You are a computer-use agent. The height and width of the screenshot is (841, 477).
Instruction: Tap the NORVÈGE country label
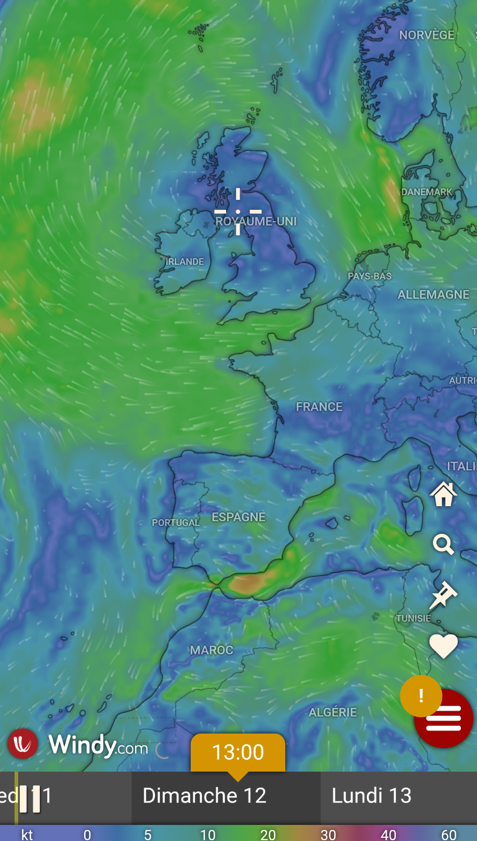click(x=427, y=35)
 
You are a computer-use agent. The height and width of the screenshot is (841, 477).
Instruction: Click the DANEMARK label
click(x=427, y=192)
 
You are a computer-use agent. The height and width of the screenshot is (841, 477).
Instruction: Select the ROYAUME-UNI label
click(x=256, y=221)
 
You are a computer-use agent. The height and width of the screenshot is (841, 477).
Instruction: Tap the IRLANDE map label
click(x=184, y=262)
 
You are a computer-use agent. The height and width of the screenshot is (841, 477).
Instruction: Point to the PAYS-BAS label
click(x=369, y=276)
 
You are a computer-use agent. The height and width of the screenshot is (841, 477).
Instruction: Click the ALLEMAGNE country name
click(x=433, y=295)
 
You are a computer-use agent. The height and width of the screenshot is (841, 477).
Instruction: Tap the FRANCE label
click(x=319, y=407)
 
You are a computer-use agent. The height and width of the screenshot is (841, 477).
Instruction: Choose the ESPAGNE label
click(x=239, y=517)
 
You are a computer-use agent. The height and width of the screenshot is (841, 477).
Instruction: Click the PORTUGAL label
click(x=176, y=523)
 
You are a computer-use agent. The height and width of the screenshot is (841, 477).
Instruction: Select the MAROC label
click(x=211, y=650)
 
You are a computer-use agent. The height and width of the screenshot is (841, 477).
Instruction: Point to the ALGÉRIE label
click(x=333, y=712)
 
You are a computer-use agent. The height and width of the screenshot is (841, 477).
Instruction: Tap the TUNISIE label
click(x=414, y=618)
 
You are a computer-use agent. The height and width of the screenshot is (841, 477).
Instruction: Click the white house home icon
click(x=443, y=494)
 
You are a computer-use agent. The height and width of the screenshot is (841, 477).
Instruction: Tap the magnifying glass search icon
click(x=443, y=545)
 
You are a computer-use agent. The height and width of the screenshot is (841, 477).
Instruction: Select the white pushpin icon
click(x=443, y=595)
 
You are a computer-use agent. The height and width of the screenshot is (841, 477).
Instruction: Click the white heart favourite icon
click(x=443, y=646)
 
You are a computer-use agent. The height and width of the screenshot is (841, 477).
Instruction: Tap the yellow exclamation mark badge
click(x=421, y=696)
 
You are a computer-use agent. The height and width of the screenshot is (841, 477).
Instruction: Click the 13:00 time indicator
click(x=238, y=752)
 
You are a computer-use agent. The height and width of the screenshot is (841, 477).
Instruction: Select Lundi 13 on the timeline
click(x=372, y=796)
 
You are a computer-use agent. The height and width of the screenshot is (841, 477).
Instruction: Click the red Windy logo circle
click(x=22, y=744)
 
